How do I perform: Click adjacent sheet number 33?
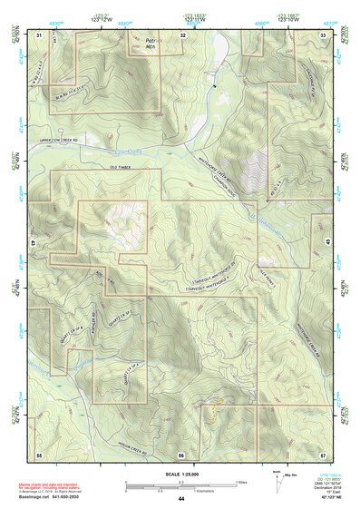[324, 34]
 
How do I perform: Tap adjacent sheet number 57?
[324, 454]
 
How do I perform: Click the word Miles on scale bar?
[240, 482]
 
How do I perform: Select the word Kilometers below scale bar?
[213, 493]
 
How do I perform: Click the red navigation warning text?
[52, 486]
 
